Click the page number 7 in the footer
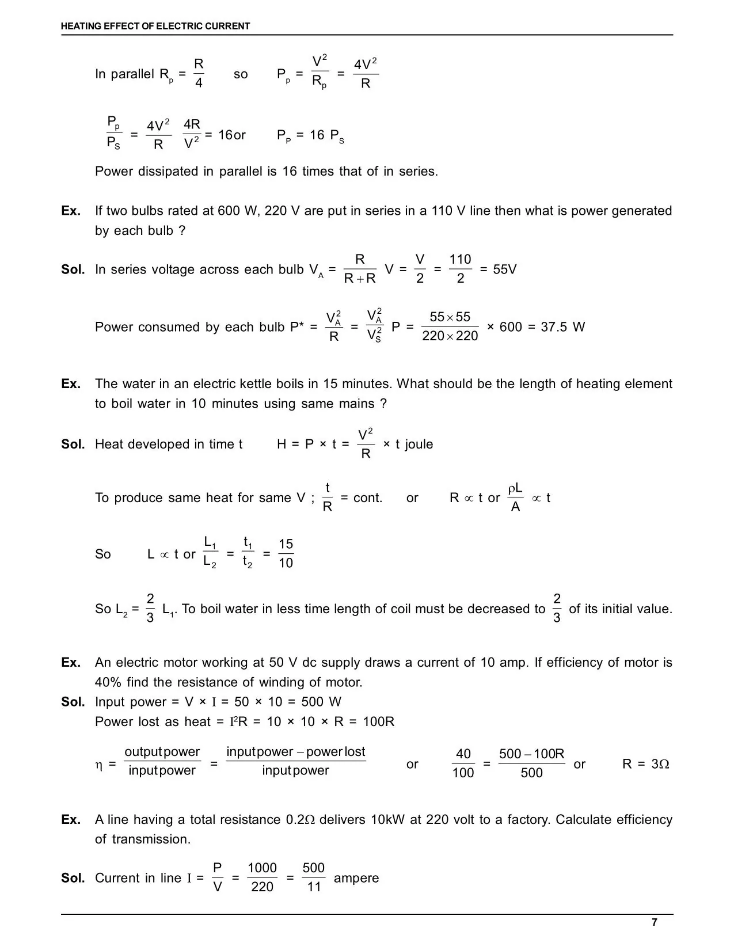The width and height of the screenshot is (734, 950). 654,922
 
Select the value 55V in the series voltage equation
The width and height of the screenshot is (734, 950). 505,269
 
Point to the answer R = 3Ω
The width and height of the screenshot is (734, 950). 645,764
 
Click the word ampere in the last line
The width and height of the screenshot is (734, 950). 356,878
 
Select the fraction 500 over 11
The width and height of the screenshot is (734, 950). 314,877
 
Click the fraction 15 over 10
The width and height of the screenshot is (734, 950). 286,554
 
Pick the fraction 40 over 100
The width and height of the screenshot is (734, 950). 463,763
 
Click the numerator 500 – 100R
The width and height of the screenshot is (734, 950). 531,754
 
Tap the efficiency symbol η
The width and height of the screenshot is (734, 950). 98,765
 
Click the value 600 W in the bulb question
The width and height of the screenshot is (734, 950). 237,211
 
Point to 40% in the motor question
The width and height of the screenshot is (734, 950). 108,682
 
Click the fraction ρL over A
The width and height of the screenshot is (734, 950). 515,498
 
